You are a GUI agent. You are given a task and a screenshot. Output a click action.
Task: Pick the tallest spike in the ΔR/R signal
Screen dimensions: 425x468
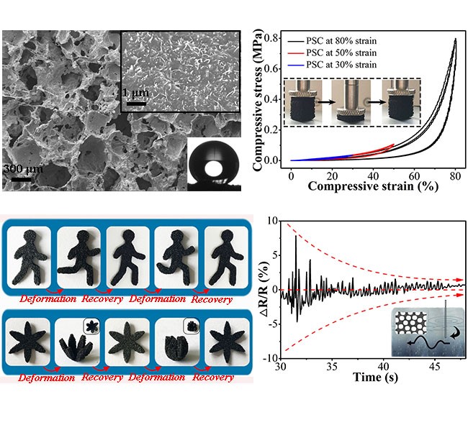click(295, 237)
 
